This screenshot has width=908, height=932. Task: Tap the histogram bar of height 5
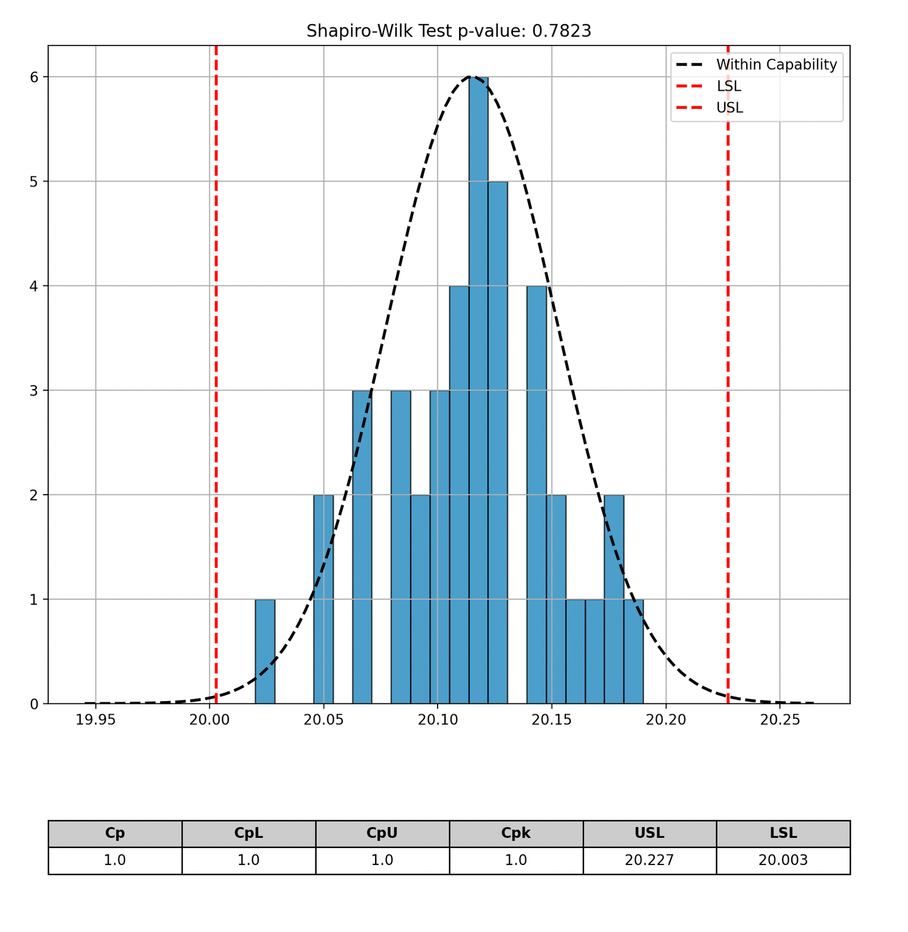point(498,442)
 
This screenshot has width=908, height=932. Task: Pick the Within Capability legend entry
point(776,65)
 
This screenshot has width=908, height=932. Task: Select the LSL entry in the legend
point(728,86)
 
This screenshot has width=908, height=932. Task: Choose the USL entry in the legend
point(729,108)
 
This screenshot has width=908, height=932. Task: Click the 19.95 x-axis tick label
point(96,720)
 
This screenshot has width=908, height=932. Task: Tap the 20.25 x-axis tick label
point(780,720)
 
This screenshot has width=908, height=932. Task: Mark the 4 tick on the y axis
point(35,286)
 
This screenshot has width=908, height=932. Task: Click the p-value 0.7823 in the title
point(561,31)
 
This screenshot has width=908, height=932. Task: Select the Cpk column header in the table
point(516,833)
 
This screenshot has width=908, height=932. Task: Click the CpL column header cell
point(249,833)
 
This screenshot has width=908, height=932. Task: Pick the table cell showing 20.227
point(649,861)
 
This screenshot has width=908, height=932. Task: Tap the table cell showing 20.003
point(783,861)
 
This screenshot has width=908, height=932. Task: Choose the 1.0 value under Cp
point(115,861)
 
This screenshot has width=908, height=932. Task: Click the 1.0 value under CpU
point(382,861)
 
